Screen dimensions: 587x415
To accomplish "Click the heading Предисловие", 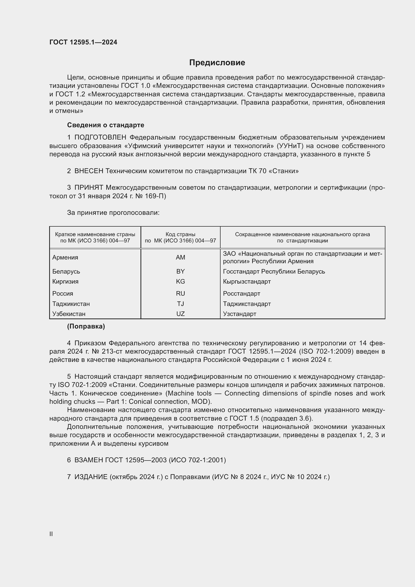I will click(217, 63).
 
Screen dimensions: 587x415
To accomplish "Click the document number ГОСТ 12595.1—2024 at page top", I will click(83, 42).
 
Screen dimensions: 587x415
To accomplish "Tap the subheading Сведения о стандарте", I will click(106, 125).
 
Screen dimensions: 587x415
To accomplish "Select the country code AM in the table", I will click(180, 257).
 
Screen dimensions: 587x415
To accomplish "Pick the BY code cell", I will click(180, 271).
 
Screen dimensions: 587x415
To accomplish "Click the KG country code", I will click(180, 282).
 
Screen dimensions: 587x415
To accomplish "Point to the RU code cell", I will click(180, 294).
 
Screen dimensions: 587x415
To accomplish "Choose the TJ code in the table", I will click(180, 304).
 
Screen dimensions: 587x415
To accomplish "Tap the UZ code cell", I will click(180, 314).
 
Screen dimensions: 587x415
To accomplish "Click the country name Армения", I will click(65, 257).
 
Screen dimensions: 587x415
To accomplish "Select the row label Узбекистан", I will click(69, 314).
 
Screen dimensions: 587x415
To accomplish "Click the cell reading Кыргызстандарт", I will click(247, 282).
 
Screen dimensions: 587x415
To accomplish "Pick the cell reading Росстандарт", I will click(241, 294).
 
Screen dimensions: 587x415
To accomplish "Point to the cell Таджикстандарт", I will click(247, 304).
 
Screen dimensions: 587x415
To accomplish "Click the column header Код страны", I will click(180, 234).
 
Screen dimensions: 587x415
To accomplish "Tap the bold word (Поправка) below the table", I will click(86, 327).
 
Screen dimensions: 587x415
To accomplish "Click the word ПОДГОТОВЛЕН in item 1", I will click(100, 138).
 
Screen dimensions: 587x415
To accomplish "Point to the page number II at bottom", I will click(51, 534).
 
